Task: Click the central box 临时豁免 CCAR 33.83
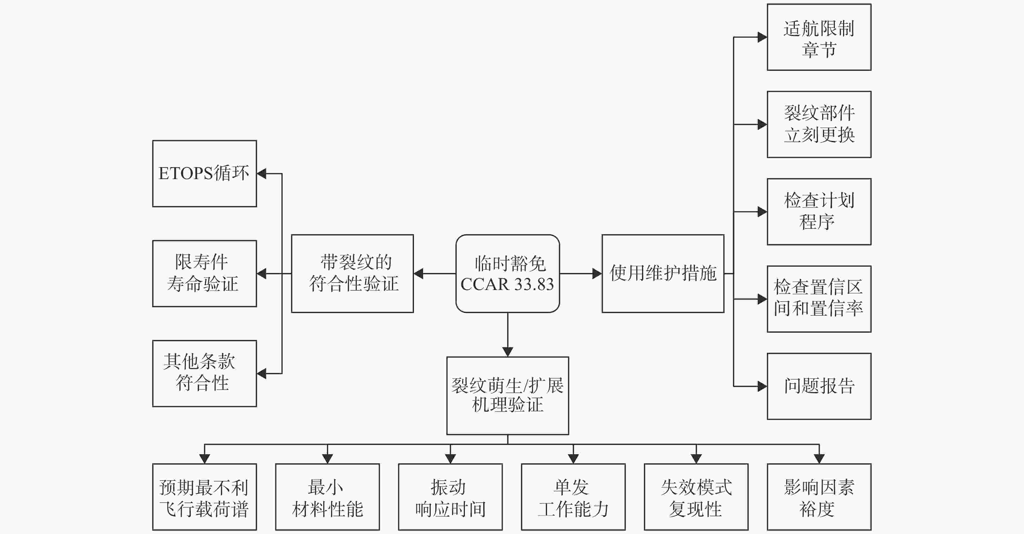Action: coord(508,273)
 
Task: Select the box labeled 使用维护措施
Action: coord(663,273)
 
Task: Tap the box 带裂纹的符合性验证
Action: coord(352,273)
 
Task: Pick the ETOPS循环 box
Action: coord(204,173)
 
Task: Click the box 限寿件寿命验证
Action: coord(204,273)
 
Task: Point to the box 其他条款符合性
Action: coord(204,374)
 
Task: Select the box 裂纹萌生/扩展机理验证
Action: coord(508,396)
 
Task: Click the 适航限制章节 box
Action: coord(819,37)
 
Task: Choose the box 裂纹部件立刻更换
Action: coord(819,124)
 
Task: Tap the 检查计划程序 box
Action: coord(819,212)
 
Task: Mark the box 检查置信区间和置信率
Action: coord(819,299)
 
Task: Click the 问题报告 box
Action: coord(819,386)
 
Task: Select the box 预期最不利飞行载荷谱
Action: coord(204,497)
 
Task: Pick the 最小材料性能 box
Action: coord(327,497)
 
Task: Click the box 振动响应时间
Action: coord(451,497)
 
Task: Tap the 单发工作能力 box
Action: coord(573,497)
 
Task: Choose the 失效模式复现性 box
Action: coord(696,497)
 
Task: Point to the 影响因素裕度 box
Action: coord(819,497)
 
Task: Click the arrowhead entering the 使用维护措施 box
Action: coord(597,273)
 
